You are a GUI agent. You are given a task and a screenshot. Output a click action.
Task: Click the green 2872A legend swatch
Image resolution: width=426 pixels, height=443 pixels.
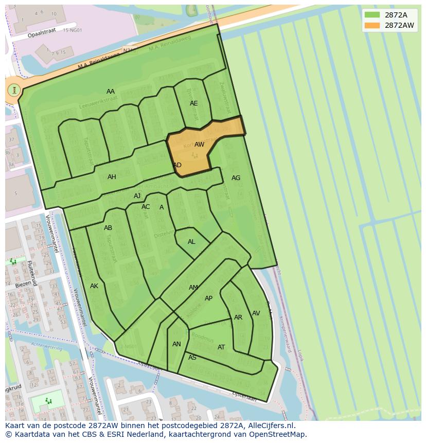pos(372,14)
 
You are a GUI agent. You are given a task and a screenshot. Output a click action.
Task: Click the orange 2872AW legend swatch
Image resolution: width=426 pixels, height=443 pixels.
pos(372,25)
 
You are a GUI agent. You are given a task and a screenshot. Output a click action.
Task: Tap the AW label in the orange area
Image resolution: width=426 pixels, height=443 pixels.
pos(199,145)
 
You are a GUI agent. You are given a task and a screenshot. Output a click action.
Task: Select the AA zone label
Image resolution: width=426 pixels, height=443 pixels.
pos(111,92)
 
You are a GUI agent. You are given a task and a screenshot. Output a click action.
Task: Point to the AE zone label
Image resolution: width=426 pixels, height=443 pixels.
pos(193,103)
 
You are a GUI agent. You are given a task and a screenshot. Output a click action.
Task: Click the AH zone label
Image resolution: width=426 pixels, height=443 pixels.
pos(112,177)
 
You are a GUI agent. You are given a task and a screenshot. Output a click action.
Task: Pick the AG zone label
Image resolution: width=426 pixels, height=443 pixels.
pos(236,178)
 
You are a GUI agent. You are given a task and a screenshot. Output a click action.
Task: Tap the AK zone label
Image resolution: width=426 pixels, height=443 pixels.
pos(94,286)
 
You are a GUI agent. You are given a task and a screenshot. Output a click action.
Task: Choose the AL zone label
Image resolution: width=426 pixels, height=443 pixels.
pos(191,242)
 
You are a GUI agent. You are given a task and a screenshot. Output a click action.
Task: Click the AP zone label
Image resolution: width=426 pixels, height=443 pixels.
pos(208,298)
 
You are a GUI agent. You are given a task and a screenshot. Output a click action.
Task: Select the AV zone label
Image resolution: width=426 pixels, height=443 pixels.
pos(256,313)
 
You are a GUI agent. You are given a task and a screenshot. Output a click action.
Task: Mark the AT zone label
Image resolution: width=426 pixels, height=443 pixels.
pos(221,347)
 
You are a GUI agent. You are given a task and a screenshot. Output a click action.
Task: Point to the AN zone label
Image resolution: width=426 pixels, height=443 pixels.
pos(176,344)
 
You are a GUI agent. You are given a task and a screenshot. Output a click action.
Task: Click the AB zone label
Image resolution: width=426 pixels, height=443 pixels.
pos(108,228)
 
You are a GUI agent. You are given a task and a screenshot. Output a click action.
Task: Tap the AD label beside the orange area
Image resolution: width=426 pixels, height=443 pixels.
pos(177,165)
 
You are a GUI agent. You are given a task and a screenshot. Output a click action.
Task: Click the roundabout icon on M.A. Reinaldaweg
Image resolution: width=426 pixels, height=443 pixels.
pos(14,90)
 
